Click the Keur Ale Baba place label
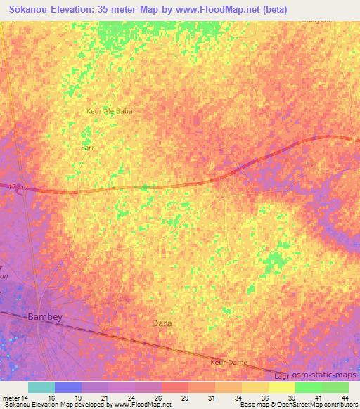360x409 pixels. coord(109,111)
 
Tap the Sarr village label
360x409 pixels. coord(87,148)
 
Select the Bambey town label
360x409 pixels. coord(45,317)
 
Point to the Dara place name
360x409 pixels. coord(162,324)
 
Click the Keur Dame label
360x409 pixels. coord(228,363)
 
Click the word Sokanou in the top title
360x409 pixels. coord(29,8)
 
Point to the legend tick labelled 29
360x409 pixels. coord(184,397)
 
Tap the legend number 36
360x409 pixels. coord(264,397)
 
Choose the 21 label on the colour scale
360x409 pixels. coord(105,397)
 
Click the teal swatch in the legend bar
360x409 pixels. coord(41,387)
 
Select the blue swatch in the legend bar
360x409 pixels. coord(67,387)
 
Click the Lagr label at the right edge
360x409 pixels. coord(280,377)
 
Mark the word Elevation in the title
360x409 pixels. coord(75,8)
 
